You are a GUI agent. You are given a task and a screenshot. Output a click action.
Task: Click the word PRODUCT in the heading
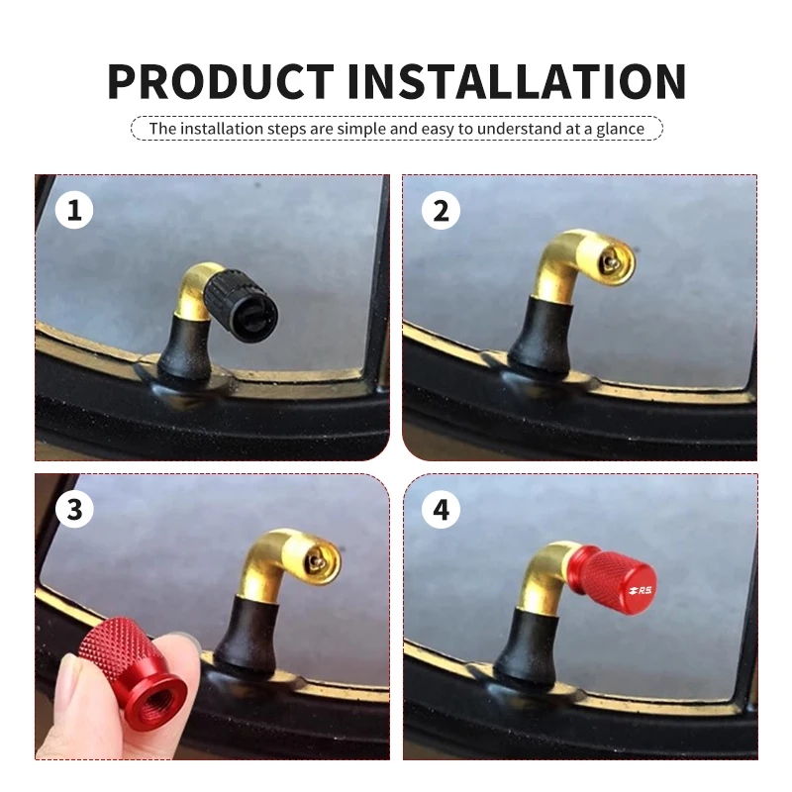tap(220, 81)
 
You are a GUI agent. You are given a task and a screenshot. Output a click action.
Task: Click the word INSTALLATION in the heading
tap(516, 81)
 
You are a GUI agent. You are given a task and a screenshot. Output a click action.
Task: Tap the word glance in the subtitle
tap(621, 129)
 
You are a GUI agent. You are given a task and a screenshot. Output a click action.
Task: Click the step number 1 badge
tap(74, 210)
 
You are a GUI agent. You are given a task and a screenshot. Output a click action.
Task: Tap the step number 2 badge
tap(441, 210)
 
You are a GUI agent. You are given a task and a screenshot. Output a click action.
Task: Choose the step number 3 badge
tap(74, 509)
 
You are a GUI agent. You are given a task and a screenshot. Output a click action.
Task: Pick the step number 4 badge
tap(441, 509)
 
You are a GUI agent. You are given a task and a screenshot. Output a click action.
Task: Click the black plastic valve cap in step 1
tap(241, 302)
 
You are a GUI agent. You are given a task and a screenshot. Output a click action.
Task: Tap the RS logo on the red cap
tap(640, 589)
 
